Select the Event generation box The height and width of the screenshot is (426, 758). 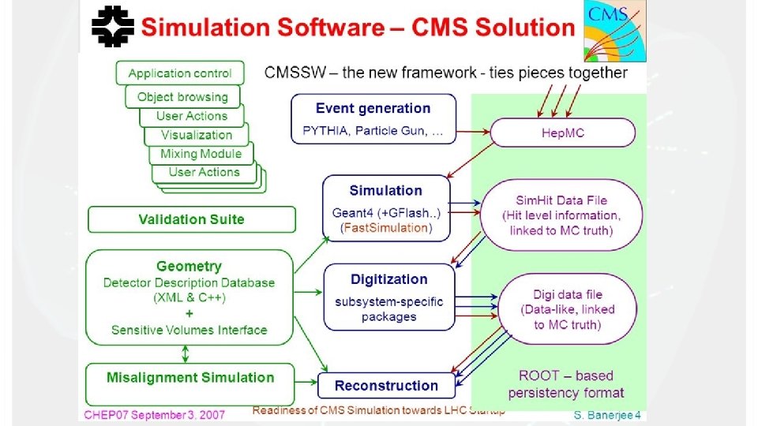point(373,118)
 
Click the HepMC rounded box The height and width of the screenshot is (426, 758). point(562,133)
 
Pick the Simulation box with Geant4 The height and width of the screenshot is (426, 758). point(385,207)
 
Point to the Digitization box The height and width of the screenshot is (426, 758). point(388,297)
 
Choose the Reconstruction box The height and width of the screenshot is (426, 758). point(386,386)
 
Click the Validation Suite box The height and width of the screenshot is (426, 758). point(191,219)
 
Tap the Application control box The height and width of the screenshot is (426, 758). point(180,73)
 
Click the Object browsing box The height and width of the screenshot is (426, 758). point(182,97)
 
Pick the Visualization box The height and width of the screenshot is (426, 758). point(197,135)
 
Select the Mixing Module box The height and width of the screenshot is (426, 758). point(201,154)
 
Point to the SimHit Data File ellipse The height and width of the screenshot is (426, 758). point(561,215)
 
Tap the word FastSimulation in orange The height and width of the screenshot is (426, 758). point(385,228)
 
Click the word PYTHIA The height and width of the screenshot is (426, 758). point(325,130)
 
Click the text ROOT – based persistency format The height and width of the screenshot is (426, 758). point(565,383)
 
